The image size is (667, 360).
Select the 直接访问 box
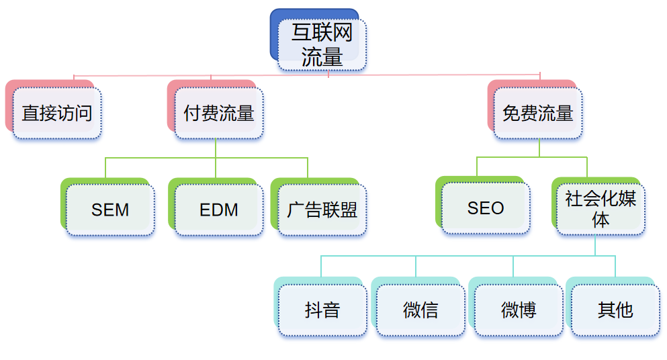(x=57, y=113)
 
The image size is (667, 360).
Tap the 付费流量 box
(x=219, y=113)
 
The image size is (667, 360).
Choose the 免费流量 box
(x=538, y=113)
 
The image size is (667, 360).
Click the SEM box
(x=110, y=210)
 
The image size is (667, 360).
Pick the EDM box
(x=219, y=210)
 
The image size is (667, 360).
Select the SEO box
(x=486, y=208)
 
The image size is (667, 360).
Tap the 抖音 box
(x=322, y=310)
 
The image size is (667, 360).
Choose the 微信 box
(x=420, y=310)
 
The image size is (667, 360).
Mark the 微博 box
(x=519, y=310)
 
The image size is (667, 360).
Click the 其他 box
(x=615, y=310)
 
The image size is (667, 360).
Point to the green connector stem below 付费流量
(x=216, y=148)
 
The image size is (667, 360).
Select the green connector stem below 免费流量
(x=539, y=148)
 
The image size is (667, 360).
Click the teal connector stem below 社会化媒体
(x=596, y=245)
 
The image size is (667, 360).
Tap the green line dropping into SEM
(x=105, y=168)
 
